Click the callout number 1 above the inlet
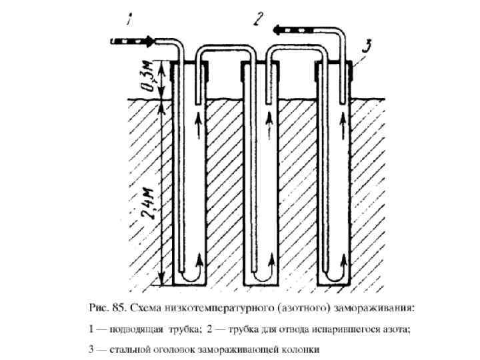click(x=130, y=21)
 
